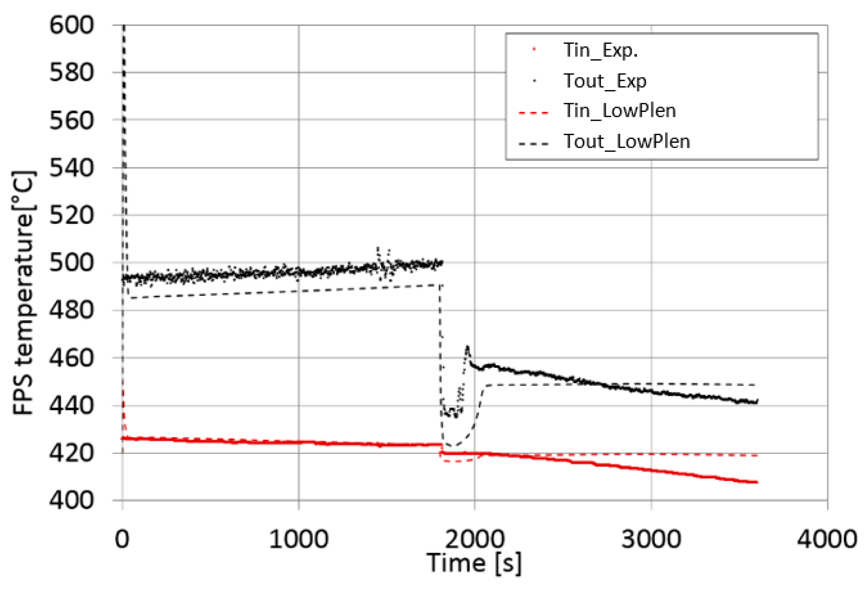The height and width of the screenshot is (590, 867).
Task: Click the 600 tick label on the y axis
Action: click(72, 25)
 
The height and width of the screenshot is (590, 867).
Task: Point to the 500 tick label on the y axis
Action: click(72, 263)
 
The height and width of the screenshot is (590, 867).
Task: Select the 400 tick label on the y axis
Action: click(72, 501)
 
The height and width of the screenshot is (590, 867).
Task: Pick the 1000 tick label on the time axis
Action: click(298, 539)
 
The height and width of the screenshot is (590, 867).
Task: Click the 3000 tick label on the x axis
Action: click(651, 539)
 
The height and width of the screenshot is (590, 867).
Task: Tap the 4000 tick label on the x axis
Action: click(827, 539)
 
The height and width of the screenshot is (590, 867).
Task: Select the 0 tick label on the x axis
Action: click(122, 539)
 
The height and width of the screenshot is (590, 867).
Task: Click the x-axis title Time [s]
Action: click(474, 563)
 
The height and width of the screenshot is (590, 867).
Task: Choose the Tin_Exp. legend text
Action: click(600, 50)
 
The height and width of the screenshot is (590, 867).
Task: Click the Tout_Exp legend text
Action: click(605, 81)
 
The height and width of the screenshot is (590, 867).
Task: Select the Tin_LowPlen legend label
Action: click(619, 111)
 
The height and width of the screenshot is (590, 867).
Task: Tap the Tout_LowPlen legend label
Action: click(626, 142)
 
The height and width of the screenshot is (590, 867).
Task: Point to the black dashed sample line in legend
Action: click(534, 144)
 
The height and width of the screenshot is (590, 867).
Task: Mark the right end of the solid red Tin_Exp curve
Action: click(757, 482)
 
